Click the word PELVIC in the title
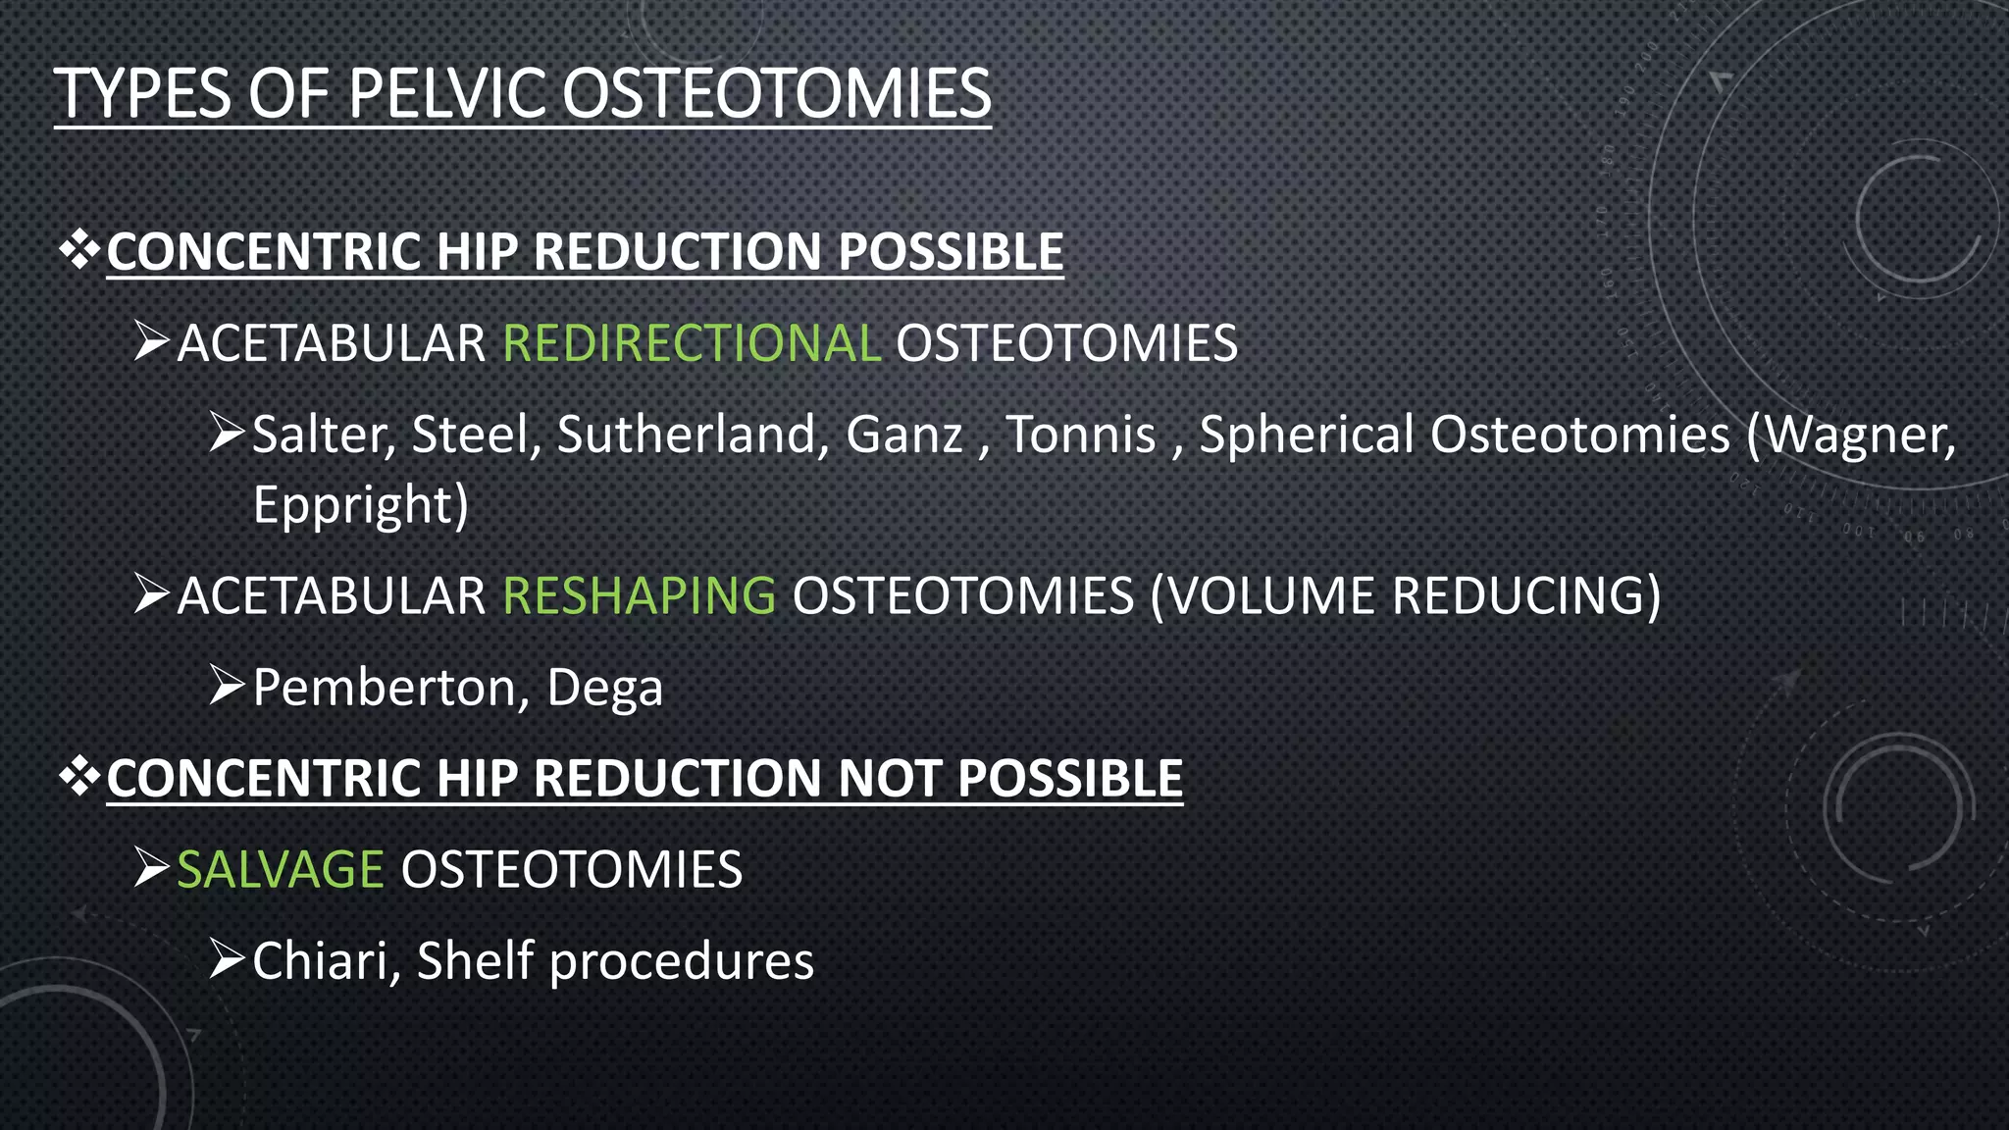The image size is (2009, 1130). [447, 94]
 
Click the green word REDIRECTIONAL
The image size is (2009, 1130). [692, 343]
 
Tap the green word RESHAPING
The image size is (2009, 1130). [639, 595]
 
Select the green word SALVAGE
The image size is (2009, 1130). [280, 869]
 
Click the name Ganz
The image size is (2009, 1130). [904, 435]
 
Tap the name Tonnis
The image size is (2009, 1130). [1081, 435]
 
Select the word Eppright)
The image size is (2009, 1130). [361, 505]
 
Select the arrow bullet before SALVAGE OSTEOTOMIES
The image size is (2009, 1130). [152, 867]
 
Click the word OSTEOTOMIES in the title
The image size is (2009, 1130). [776, 94]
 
